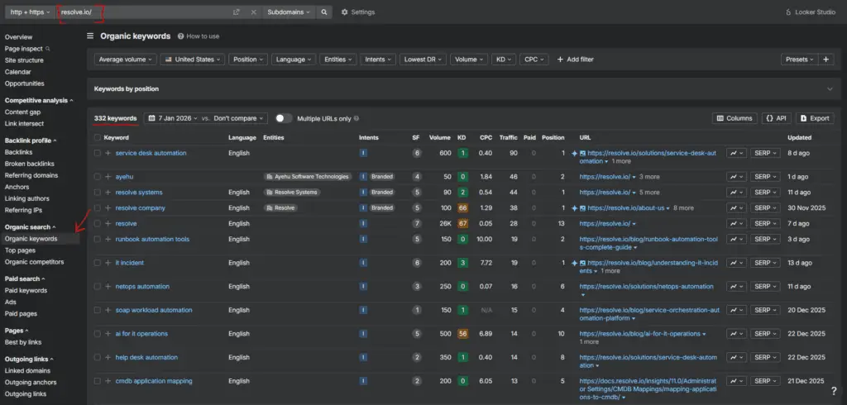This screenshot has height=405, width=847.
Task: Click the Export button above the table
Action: [814, 118]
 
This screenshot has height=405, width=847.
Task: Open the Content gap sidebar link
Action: [22, 112]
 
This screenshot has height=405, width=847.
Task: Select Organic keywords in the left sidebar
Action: [31, 239]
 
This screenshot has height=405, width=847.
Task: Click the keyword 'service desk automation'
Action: [151, 153]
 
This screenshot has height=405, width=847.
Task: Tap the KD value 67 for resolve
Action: [462, 223]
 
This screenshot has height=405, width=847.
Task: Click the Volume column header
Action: [440, 137]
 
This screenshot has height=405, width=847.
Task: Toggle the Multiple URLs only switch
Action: [284, 118]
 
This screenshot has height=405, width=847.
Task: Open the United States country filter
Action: [193, 60]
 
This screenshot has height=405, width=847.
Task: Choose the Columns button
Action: [735, 118]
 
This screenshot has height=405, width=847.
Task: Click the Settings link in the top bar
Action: [357, 12]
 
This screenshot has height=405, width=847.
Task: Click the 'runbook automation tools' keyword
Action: [152, 239]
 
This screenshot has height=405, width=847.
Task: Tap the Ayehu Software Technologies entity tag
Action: [308, 176]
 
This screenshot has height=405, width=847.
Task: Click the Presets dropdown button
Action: [798, 60]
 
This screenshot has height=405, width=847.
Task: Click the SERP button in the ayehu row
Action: [765, 176]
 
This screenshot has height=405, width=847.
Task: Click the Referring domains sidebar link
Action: [31, 175]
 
